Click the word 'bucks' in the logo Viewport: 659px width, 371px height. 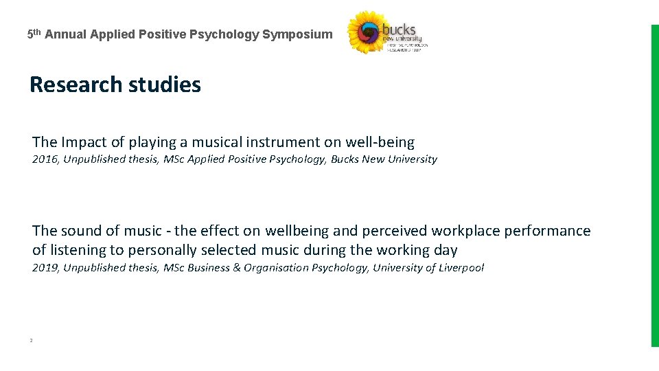399,30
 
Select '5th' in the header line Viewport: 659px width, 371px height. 34,34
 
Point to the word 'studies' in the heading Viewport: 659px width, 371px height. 164,85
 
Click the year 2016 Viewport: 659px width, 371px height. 45,159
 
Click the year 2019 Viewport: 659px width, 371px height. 45,268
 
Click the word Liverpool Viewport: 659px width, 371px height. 459,268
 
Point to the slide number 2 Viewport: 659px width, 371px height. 32,340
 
